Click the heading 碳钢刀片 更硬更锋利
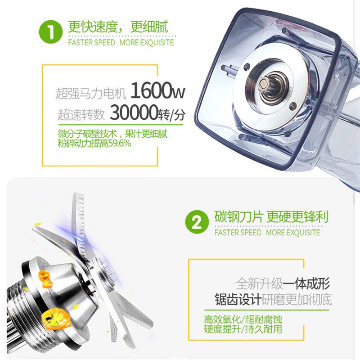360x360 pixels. tap(271, 217)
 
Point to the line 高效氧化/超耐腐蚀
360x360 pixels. tap(243, 321)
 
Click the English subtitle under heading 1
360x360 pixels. tap(121, 43)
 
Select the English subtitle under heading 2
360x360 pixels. tap(267, 233)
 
